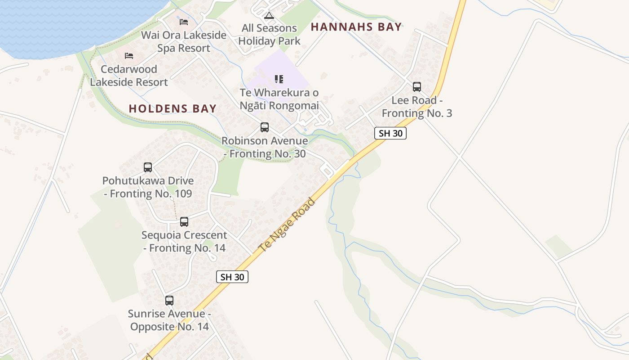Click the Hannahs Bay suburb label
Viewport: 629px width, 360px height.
pos(356,27)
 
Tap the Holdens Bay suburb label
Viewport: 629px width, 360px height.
pos(173,108)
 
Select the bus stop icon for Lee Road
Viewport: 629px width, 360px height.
pos(417,87)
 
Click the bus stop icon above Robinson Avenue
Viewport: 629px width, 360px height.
pos(265,127)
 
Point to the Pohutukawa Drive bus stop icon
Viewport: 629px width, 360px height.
pos(148,167)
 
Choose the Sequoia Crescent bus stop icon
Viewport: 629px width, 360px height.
pos(184,221)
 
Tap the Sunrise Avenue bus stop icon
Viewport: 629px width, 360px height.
pos(169,300)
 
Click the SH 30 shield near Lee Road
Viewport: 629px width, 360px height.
pos(390,133)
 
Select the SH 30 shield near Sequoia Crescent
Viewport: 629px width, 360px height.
pos(232,277)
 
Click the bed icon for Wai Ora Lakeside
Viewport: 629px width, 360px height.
pos(183,22)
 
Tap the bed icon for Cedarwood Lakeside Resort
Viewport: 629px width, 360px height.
pos(129,56)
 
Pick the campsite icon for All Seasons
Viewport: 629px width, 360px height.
pos(269,16)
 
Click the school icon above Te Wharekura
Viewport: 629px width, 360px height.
pos(279,80)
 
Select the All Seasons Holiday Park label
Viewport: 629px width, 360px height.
pos(269,35)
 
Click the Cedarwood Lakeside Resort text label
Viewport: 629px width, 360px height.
pos(129,76)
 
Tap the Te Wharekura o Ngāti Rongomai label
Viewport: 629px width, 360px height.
pos(279,99)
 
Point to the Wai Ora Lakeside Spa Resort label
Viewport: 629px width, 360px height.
pos(183,41)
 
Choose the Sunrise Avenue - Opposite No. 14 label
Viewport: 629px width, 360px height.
pos(169,320)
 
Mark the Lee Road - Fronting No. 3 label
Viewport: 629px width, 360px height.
pos(417,107)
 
